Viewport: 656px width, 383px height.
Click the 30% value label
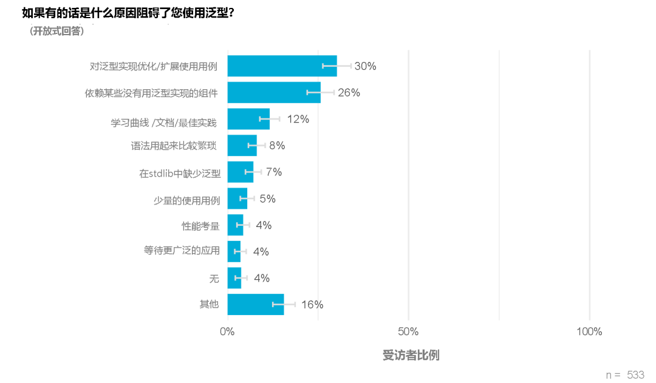pyautogui.click(x=365, y=66)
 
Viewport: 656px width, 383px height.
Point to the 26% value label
pyautogui.click(x=349, y=93)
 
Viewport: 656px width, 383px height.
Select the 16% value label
pyautogui.click(x=312, y=305)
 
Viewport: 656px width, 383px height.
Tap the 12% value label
pyautogui.click(x=298, y=120)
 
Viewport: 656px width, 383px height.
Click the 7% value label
pyautogui.click(x=273, y=172)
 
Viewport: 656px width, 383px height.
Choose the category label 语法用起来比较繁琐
pyautogui.click(x=174, y=146)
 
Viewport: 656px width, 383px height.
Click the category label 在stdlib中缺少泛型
pyautogui.click(x=180, y=173)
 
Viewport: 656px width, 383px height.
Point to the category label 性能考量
pyautogui.click(x=200, y=226)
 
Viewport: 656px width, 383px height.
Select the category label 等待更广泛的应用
pyautogui.click(x=182, y=252)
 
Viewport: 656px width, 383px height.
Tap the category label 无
pyautogui.click(x=214, y=279)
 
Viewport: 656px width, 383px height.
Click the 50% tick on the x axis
pyautogui.click(x=408, y=331)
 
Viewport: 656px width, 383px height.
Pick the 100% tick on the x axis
pyautogui.click(x=589, y=331)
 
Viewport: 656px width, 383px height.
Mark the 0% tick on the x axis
pyautogui.click(x=227, y=331)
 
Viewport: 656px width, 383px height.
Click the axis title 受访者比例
pyautogui.click(x=411, y=356)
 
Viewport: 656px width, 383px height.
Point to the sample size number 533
pyautogui.click(x=635, y=375)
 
